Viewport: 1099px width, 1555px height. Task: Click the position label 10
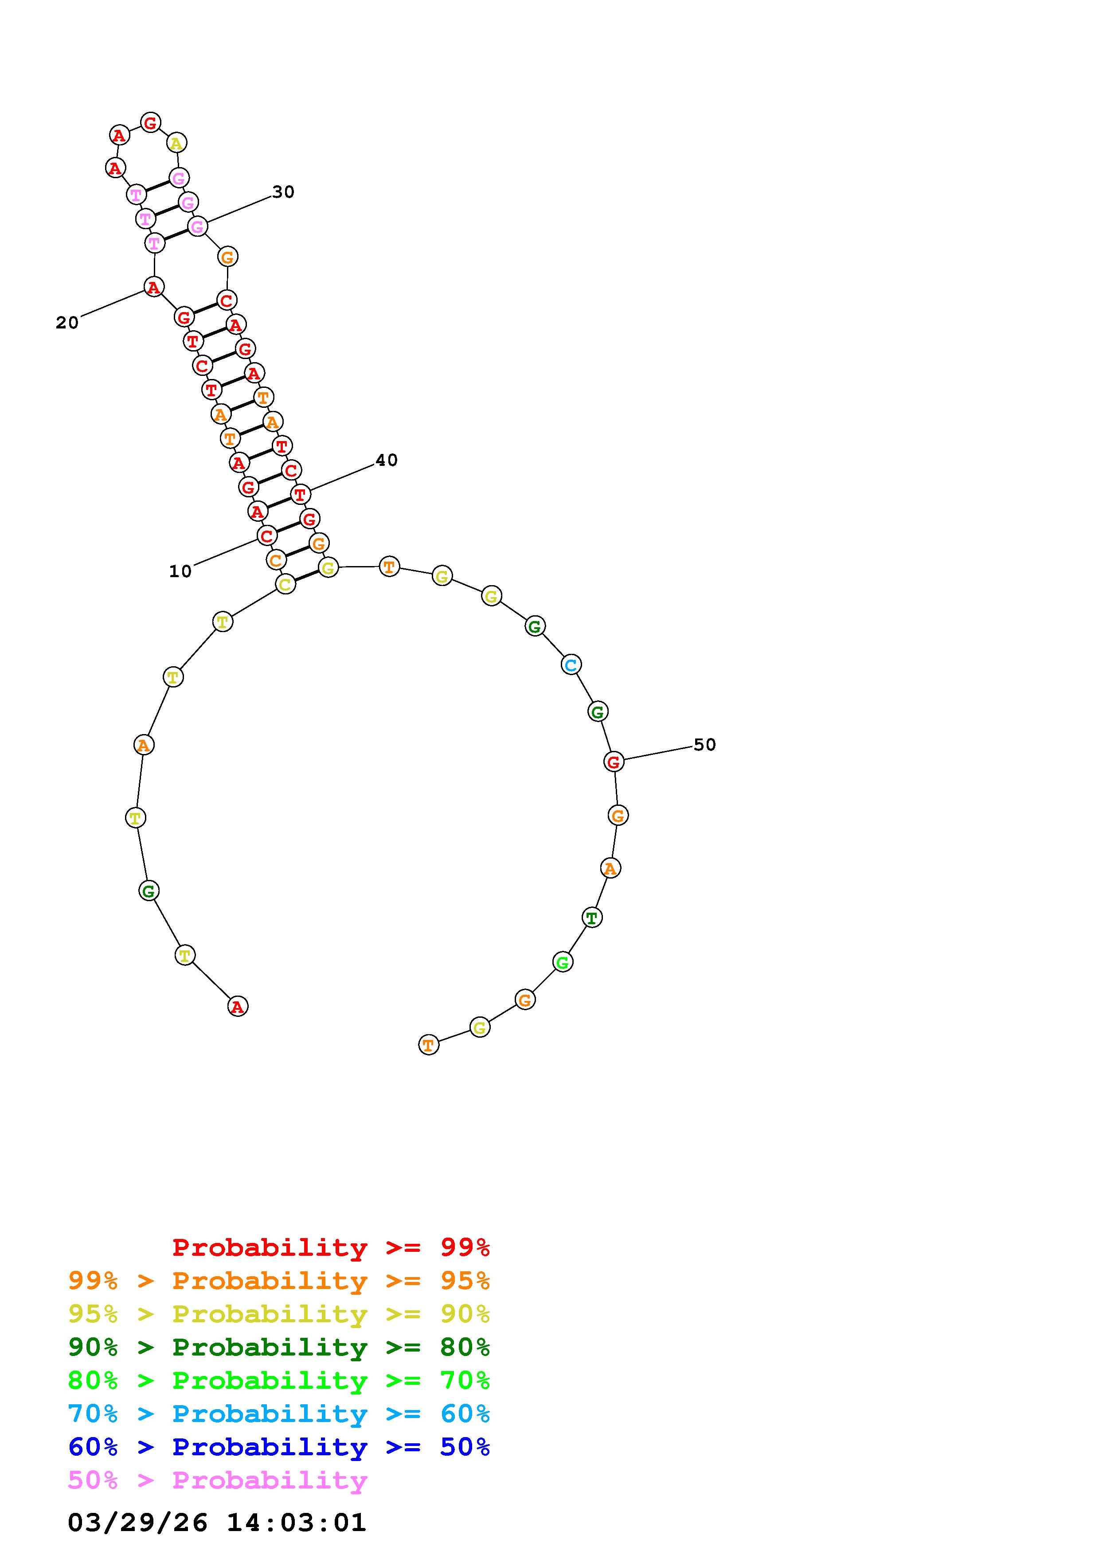click(180, 572)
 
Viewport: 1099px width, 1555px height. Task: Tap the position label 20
click(67, 323)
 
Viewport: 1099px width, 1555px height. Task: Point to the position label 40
click(386, 461)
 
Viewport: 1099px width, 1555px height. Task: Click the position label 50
click(704, 745)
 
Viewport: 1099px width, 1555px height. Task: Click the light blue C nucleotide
click(571, 665)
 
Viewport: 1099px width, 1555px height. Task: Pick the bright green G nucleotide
click(563, 962)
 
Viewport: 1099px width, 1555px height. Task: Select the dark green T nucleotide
click(592, 918)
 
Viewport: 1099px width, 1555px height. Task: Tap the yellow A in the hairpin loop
click(176, 143)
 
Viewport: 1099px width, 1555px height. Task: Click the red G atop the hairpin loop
click(150, 123)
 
